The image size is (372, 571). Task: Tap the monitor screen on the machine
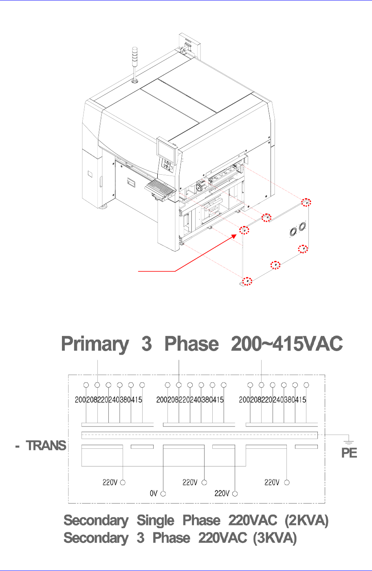tap(166, 149)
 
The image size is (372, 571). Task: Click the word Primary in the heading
tap(95, 345)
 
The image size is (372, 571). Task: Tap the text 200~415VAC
tap(286, 345)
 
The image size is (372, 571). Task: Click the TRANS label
tap(46, 446)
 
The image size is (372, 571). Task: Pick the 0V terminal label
tap(153, 494)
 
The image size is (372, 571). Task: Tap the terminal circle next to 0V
tap(163, 494)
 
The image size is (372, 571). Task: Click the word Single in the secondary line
tap(155, 520)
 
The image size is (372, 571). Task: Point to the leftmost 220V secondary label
tap(110, 483)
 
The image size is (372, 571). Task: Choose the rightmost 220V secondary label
tap(272, 483)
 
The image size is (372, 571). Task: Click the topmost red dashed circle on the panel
tap(306, 202)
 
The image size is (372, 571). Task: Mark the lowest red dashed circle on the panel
tap(247, 281)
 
